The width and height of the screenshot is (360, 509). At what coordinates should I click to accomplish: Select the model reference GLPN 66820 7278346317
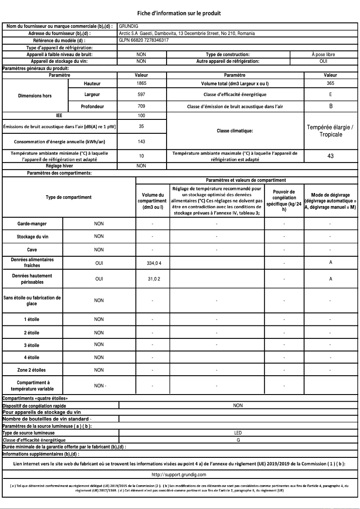pyautogui.click(x=144, y=40)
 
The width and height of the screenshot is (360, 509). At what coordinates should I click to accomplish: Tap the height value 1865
pyautogui.click(x=141, y=83)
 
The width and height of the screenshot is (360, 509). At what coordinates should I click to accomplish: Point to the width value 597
pyautogui.click(x=141, y=95)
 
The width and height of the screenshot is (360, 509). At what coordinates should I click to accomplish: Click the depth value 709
pyautogui.click(x=141, y=106)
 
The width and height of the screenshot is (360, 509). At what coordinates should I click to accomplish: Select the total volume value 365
pyautogui.click(x=330, y=83)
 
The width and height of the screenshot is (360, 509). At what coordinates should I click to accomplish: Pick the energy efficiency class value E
pyautogui.click(x=330, y=95)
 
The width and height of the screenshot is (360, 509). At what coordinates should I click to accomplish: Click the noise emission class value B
pyautogui.click(x=330, y=106)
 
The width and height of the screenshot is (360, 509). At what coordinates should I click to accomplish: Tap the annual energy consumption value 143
pyautogui.click(x=141, y=141)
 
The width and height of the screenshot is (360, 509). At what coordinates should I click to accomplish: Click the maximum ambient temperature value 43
pyautogui.click(x=330, y=156)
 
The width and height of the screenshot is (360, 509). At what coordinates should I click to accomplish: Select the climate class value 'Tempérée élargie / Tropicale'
pyautogui.click(x=330, y=131)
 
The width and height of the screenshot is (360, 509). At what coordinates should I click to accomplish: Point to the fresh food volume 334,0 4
pyautogui.click(x=154, y=263)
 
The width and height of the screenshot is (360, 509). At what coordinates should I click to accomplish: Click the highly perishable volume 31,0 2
pyautogui.click(x=154, y=279)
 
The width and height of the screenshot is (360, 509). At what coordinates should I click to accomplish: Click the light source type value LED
pyautogui.click(x=238, y=433)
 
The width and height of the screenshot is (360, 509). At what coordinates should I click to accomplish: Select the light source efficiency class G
pyautogui.click(x=238, y=440)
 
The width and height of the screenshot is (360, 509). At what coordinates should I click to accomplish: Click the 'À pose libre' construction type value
pyautogui.click(x=323, y=54)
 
